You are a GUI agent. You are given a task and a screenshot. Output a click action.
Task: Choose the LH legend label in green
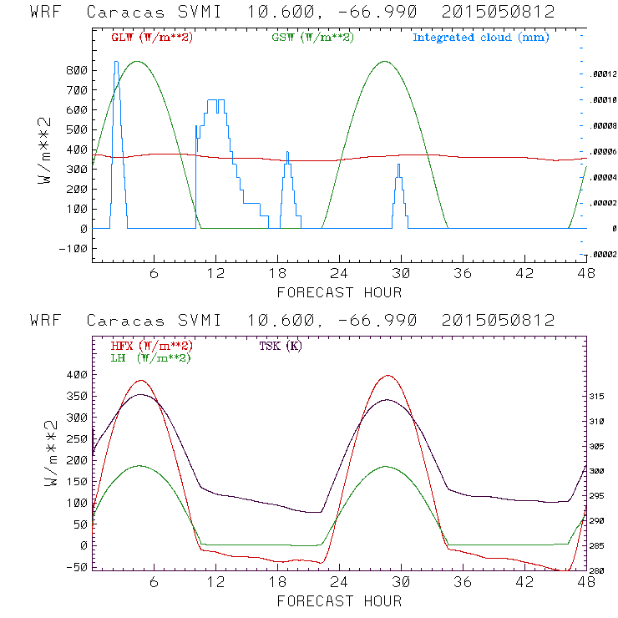[150, 357]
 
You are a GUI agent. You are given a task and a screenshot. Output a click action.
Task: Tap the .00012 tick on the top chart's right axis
[603, 73]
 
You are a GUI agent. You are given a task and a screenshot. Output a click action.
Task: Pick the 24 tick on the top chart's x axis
[339, 274]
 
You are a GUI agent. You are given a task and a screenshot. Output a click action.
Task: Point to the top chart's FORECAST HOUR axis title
[339, 292]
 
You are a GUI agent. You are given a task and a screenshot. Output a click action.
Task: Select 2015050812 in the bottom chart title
[499, 320]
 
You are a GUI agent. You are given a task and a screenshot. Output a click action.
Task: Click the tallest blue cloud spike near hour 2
[116, 62]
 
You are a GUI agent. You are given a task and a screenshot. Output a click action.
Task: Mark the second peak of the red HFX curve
[388, 376]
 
